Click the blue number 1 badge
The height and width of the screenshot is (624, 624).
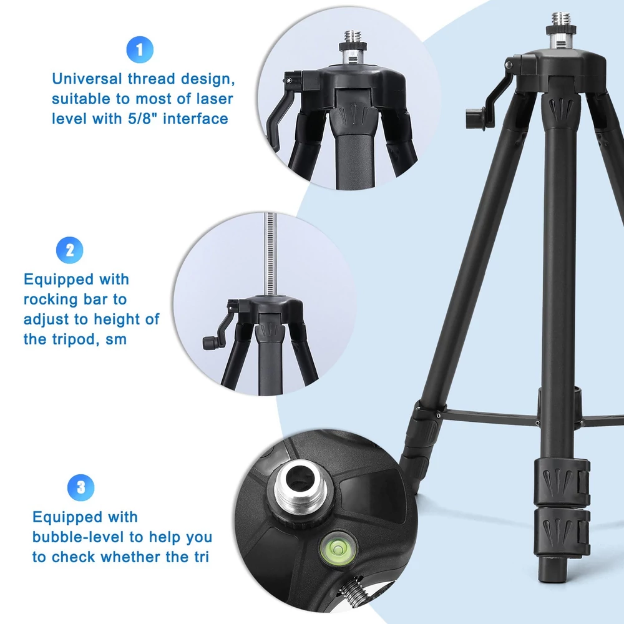tap(140, 50)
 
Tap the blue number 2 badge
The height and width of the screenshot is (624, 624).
tap(70, 250)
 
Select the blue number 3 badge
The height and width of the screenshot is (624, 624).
tap(81, 487)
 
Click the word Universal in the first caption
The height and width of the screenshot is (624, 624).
tap(87, 79)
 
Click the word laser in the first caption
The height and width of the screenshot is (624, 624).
tap(215, 99)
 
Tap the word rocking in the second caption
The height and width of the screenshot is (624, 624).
tap(51, 300)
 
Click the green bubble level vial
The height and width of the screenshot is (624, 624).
tap(338, 548)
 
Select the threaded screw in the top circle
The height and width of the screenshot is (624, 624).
tap(351, 40)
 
